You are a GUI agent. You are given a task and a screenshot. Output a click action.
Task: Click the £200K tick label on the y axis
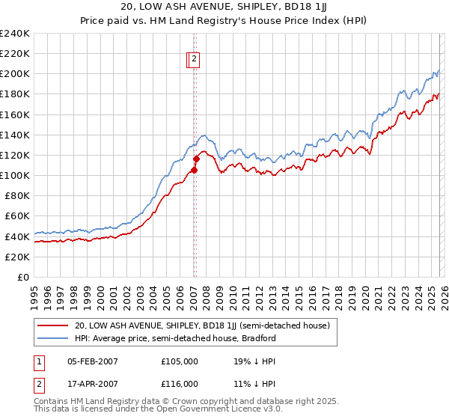pyautogui.click(x=14, y=74)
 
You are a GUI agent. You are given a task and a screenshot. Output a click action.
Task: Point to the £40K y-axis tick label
pyautogui.click(x=16, y=236)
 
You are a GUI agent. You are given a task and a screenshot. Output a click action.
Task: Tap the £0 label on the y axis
pyautogui.click(x=22, y=277)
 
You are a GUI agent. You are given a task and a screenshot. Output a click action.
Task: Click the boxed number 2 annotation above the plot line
pyautogui.click(x=194, y=60)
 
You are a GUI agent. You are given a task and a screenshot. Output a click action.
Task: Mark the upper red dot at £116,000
pyautogui.click(x=196, y=159)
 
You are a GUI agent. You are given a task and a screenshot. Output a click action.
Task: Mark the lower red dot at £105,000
pyautogui.click(x=194, y=170)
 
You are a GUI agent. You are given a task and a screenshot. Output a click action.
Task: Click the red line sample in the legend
pyautogui.click(x=54, y=325)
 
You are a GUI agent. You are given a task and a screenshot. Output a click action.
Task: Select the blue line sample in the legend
pyautogui.click(x=54, y=338)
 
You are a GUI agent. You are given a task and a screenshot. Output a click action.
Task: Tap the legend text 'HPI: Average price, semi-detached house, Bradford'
pyautogui.click(x=175, y=338)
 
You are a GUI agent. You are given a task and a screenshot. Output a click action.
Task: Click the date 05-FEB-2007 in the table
pyautogui.click(x=93, y=361)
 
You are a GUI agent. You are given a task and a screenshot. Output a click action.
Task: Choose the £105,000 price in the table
pyautogui.click(x=180, y=361)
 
